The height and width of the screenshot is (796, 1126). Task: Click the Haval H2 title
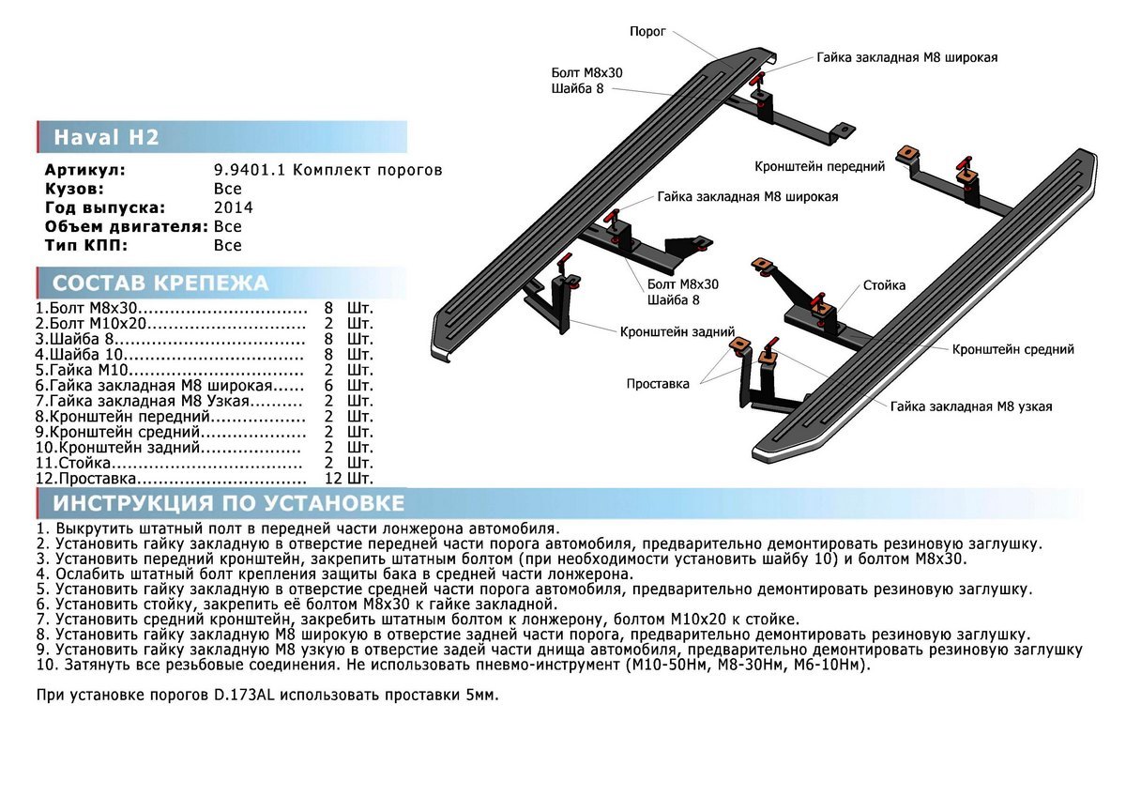(x=106, y=138)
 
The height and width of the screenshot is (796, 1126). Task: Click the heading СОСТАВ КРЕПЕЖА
(x=160, y=283)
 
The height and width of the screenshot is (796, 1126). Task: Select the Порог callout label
(x=647, y=31)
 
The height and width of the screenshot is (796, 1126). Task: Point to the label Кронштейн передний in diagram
(x=820, y=166)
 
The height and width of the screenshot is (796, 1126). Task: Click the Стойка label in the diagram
(x=885, y=285)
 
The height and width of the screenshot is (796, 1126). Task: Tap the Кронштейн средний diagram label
(x=1013, y=349)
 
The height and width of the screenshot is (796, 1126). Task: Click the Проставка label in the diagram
(x=658, y=383)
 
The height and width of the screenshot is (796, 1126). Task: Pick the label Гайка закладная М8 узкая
(x=971, y=406)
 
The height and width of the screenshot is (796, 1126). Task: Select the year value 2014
(x=233, y=208)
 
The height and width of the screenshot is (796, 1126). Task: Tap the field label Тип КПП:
(x=85, y=246)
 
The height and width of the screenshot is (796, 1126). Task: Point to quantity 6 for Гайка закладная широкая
(x=328, y=386)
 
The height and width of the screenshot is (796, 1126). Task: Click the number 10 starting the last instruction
(x=46, y=665)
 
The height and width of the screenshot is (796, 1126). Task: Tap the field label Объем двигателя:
(x=126, y=227)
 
